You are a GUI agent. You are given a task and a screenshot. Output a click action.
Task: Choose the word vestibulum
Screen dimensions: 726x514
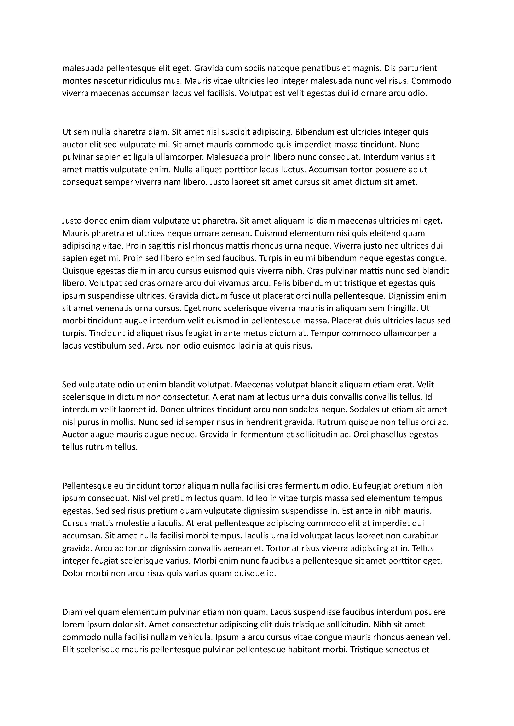[x=106, y=346]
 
